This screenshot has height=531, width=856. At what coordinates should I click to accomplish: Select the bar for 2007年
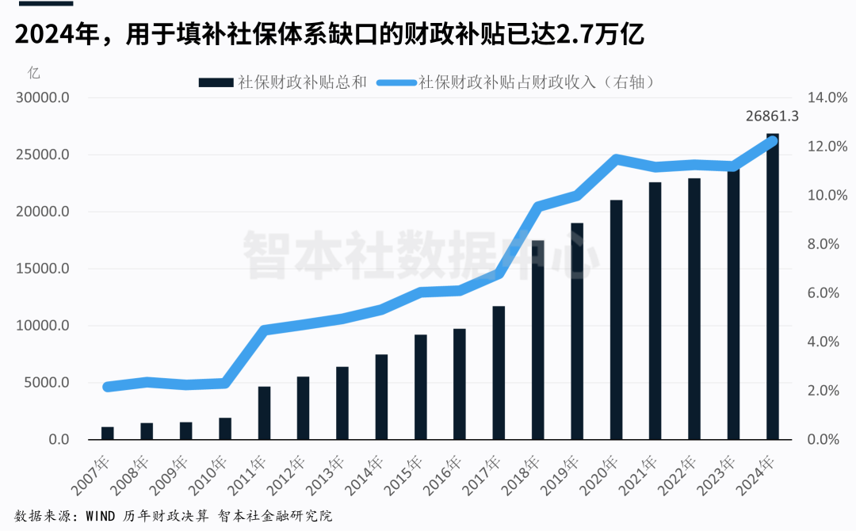(x=108, y=433)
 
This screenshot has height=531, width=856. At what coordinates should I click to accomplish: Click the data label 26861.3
(x=771, y=117)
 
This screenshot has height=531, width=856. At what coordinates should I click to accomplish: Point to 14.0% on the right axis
(x=827, y=98)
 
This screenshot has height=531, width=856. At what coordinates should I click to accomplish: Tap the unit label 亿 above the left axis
(x=34, y=74)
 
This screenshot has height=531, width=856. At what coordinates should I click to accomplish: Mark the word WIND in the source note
(x=98, y=516)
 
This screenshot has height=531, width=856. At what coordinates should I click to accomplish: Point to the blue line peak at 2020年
(x=617, y=158)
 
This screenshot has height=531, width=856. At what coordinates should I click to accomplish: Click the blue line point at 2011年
(x=265, y=330)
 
